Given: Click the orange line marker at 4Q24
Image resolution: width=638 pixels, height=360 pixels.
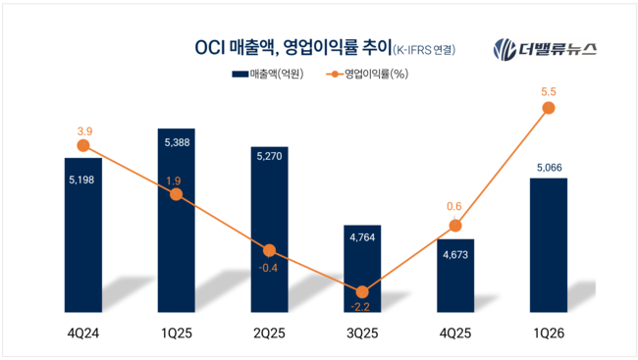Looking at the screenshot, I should [82, 145].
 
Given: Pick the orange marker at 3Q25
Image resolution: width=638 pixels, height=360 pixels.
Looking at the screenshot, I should [362, 291].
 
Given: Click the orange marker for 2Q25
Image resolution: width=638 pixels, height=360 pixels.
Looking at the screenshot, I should [269, 251].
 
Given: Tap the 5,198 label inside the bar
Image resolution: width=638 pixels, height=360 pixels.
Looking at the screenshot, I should [82, 180].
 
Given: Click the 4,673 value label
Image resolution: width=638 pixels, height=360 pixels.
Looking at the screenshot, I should [455, 256].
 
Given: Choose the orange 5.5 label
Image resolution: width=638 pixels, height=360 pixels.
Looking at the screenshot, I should [549, 90].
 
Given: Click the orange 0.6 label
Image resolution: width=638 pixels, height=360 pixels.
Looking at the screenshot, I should [455, 206].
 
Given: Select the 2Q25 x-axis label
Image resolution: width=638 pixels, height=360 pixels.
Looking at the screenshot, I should [269, 333].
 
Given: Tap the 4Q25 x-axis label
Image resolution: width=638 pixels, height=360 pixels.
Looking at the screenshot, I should [455, 333].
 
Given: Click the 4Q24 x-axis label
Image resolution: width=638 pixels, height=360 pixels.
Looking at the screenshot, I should [82, 333].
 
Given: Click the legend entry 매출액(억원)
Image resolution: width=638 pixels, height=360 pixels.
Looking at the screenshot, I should [265, 74].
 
